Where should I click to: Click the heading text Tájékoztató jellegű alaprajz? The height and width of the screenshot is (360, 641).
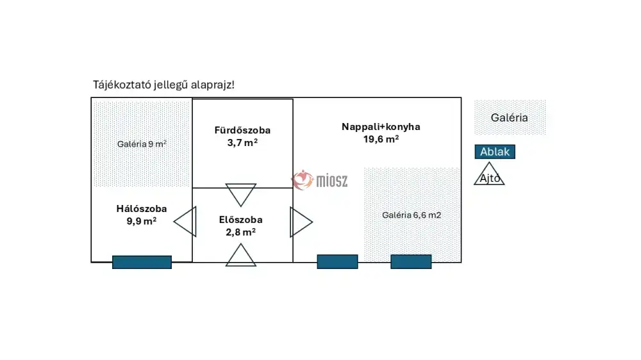pyautogui.click(x=163, y=85)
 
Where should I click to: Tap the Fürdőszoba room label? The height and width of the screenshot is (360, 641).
pyautogui.click(x=242, y=130)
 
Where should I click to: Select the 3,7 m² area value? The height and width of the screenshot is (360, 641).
pyautogui.click(x=242, y=143)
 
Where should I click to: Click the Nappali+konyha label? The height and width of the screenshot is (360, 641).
pyautogui.click(x=381, y=126)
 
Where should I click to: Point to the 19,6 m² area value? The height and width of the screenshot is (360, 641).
pyautogui.click(x=381, y=138)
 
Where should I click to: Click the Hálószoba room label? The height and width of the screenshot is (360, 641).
pyautogui.click(x=142, y=208)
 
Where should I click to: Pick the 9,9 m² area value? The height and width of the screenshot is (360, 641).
pyautogui.click(x=142, y=221)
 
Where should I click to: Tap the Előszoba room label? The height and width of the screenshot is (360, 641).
pyautogui.click(x=240, y=220)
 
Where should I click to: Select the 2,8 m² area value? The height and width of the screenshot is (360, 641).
pyautogui.click(x=240, y=232)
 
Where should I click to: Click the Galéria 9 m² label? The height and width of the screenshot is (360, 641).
pyautogui.click(x=142, y=144)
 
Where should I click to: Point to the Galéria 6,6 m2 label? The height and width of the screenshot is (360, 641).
pyautogui.click(x=412, y=215)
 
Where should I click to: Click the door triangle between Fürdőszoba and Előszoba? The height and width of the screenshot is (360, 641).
pyautogui.click(x=241, y=193)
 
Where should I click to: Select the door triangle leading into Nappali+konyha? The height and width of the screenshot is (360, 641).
pyautogui.click(x=300, y=222)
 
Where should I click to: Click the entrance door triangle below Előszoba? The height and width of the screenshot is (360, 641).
pyautogui.click(x=240, y=256)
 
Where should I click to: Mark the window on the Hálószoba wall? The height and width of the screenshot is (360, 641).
pyautogui.click(x=142, y=262)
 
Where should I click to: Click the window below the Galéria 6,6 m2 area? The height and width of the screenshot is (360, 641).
pyautogui.click(x=411, y=261)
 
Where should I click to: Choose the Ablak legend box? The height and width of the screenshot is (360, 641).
pyautogui.click(x=494, y=152)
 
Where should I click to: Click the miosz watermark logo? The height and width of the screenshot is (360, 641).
pyautogui.click(x=320, y=181)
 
